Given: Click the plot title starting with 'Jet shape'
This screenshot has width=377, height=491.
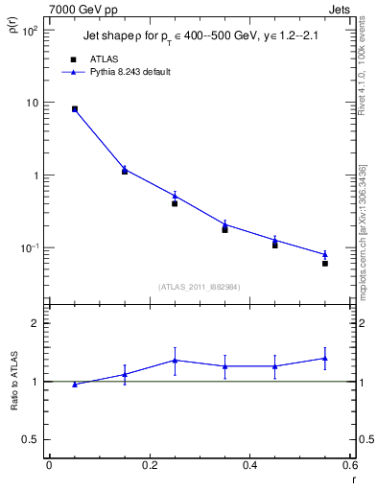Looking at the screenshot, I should (200, 36).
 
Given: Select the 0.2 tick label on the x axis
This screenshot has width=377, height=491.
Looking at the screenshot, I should (150, 465).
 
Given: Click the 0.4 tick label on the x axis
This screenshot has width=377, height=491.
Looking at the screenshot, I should (250, 465).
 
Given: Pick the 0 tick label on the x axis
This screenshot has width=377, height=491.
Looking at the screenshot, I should (49, 465).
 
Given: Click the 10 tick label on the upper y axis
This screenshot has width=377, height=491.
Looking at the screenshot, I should (31, 103).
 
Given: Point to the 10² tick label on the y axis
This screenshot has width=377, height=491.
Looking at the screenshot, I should (30, 30).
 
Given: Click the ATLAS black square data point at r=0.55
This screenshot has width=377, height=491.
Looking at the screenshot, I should (325, 263).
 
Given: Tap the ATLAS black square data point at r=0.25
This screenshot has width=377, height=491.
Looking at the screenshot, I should (175, 203).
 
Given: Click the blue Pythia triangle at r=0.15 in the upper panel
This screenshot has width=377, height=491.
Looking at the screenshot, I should (125, 169).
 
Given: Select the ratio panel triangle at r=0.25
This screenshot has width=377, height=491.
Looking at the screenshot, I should (175, 361).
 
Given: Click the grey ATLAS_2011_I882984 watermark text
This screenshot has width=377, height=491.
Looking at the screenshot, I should (200, 286).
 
